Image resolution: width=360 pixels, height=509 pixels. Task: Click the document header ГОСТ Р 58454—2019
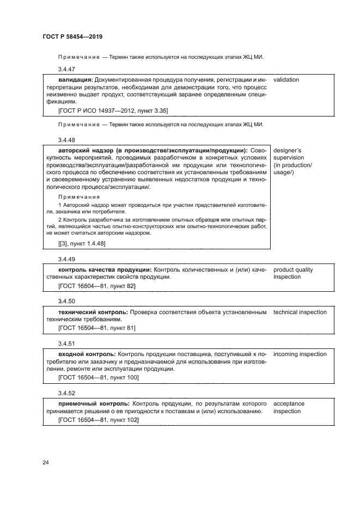[x=72, y=36]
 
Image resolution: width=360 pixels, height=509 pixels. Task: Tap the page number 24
[x=46, y=462]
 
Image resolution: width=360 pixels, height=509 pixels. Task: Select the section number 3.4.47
[x=66, y=69]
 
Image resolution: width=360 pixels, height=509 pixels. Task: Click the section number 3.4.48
[x=66, y=139]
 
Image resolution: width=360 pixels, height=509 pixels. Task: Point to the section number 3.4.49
[x=66, y=259]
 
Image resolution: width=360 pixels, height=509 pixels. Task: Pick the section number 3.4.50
[x=66, y=301]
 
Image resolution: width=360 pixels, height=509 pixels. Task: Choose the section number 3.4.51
[x=66, y=344]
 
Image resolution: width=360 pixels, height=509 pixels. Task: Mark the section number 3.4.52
[x=66, y=393]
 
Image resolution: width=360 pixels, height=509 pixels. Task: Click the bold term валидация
[x=75, y=79]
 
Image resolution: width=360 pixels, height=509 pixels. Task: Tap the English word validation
[x=286, y=79]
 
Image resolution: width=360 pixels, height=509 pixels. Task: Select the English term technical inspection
[x=300, y=312]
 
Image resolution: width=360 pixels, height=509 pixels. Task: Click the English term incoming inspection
[x=300, y=354]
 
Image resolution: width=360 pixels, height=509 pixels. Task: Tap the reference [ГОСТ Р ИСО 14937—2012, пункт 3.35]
[x=113, y=111]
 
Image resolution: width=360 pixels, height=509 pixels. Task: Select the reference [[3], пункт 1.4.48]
[x=82, y=244]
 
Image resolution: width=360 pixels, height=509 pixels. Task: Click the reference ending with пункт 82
[x=96, y=285]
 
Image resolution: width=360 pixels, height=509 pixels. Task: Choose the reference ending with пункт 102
[x=98, y=420]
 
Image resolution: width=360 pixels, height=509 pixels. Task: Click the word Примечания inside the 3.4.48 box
[x=79, y=197]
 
